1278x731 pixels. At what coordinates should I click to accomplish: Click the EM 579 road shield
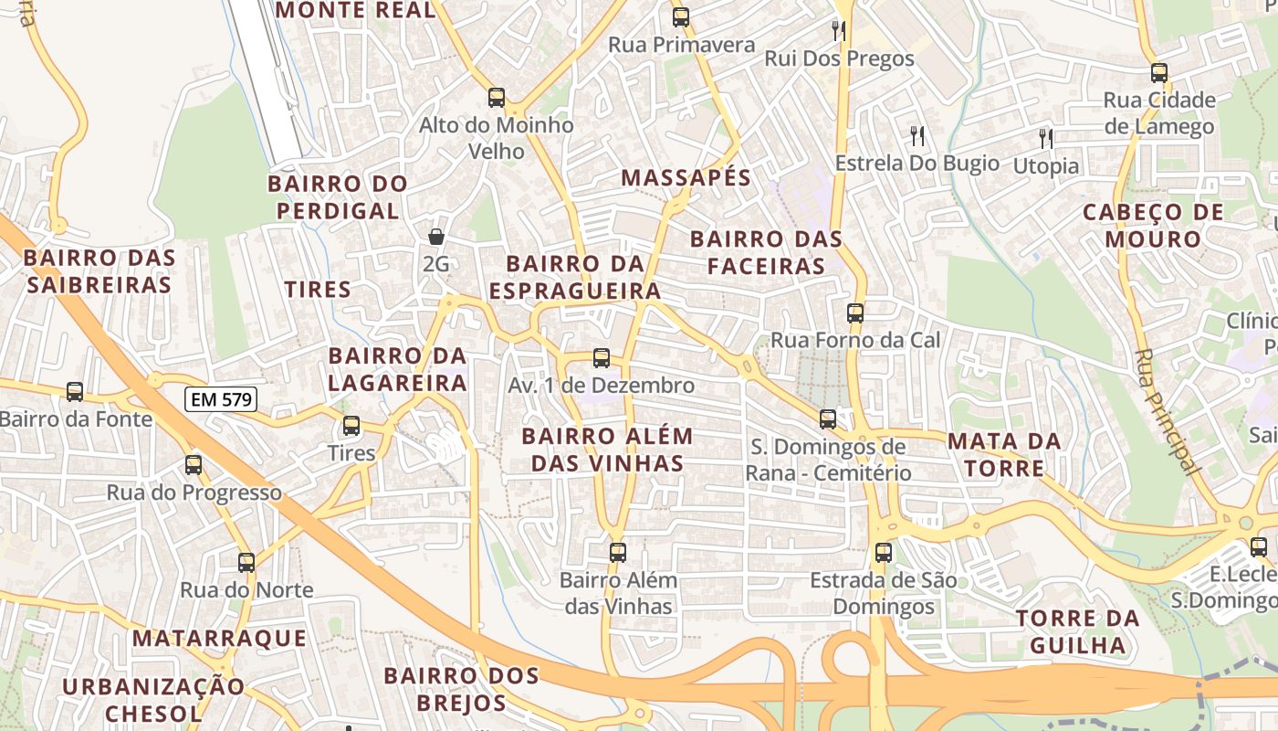tap(220, 399)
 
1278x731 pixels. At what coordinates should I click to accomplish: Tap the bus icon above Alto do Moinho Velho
tap(496, 97)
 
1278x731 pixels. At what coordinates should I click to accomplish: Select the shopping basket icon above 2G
tap(436, 237)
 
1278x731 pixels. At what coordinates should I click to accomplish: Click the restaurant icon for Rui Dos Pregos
tap(839, 31)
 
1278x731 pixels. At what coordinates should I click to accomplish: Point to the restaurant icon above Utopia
tap(1046, 139)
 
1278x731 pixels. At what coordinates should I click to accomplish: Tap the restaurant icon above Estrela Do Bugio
tap(917, 136)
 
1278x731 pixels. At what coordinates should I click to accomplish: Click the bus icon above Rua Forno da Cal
tap(854, 313)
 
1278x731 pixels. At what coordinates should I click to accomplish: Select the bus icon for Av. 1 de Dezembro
tap(601, 358)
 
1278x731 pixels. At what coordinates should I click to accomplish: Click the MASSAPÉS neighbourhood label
tap(686, 178)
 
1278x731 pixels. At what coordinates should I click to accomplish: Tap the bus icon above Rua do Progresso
tap(194, 464)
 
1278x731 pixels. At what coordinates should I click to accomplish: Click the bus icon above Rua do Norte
tap(246, 562)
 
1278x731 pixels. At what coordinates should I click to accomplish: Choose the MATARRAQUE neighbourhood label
tap(219, 638)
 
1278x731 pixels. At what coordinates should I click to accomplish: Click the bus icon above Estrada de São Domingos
tap(883, 552)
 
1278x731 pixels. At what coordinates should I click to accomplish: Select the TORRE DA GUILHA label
tap(1077, 631)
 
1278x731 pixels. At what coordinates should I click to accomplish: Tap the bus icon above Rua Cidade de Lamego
tap(1158, 72)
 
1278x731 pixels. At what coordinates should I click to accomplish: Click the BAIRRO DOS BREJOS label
tap(461, 689)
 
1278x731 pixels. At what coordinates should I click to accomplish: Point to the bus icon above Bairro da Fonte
tap(75, 391)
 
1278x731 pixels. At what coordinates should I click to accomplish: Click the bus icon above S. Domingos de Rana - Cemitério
tap(827, 418)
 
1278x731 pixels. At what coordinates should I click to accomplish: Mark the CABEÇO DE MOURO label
tap(1153, 226)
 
